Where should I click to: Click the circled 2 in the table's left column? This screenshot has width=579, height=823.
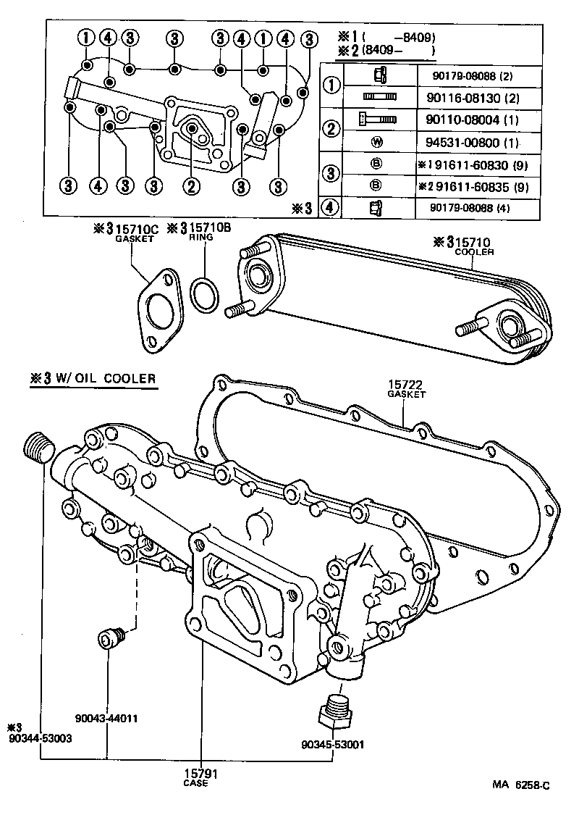(331, 130)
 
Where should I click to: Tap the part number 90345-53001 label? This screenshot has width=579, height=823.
(334, 744)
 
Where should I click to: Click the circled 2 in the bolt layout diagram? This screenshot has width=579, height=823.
(191, 186)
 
